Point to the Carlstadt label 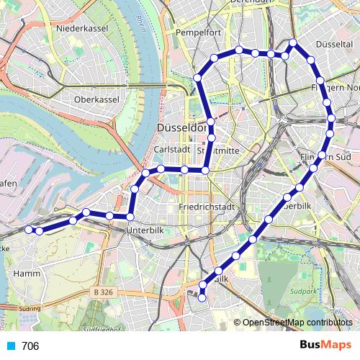click(172, 149)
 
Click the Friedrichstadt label click(207, 207)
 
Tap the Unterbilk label click(146, 230)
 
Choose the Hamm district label click(27, 274)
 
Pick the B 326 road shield click(105, 292)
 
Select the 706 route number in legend click(30, 346)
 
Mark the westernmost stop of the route click(30, 230)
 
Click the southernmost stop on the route click(202, 297)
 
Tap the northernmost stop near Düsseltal click(293, 43)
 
